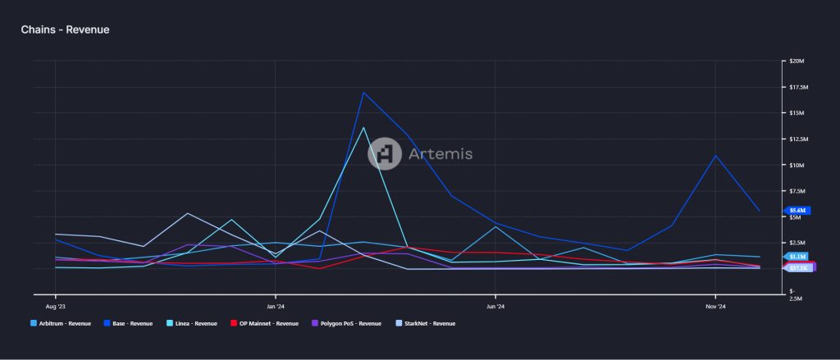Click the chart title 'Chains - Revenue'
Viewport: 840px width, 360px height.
point(65,30)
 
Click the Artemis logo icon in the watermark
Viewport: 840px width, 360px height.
point(384,153)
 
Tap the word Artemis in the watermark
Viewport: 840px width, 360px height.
point(441,153)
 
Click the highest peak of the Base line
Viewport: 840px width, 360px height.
point(363,92)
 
